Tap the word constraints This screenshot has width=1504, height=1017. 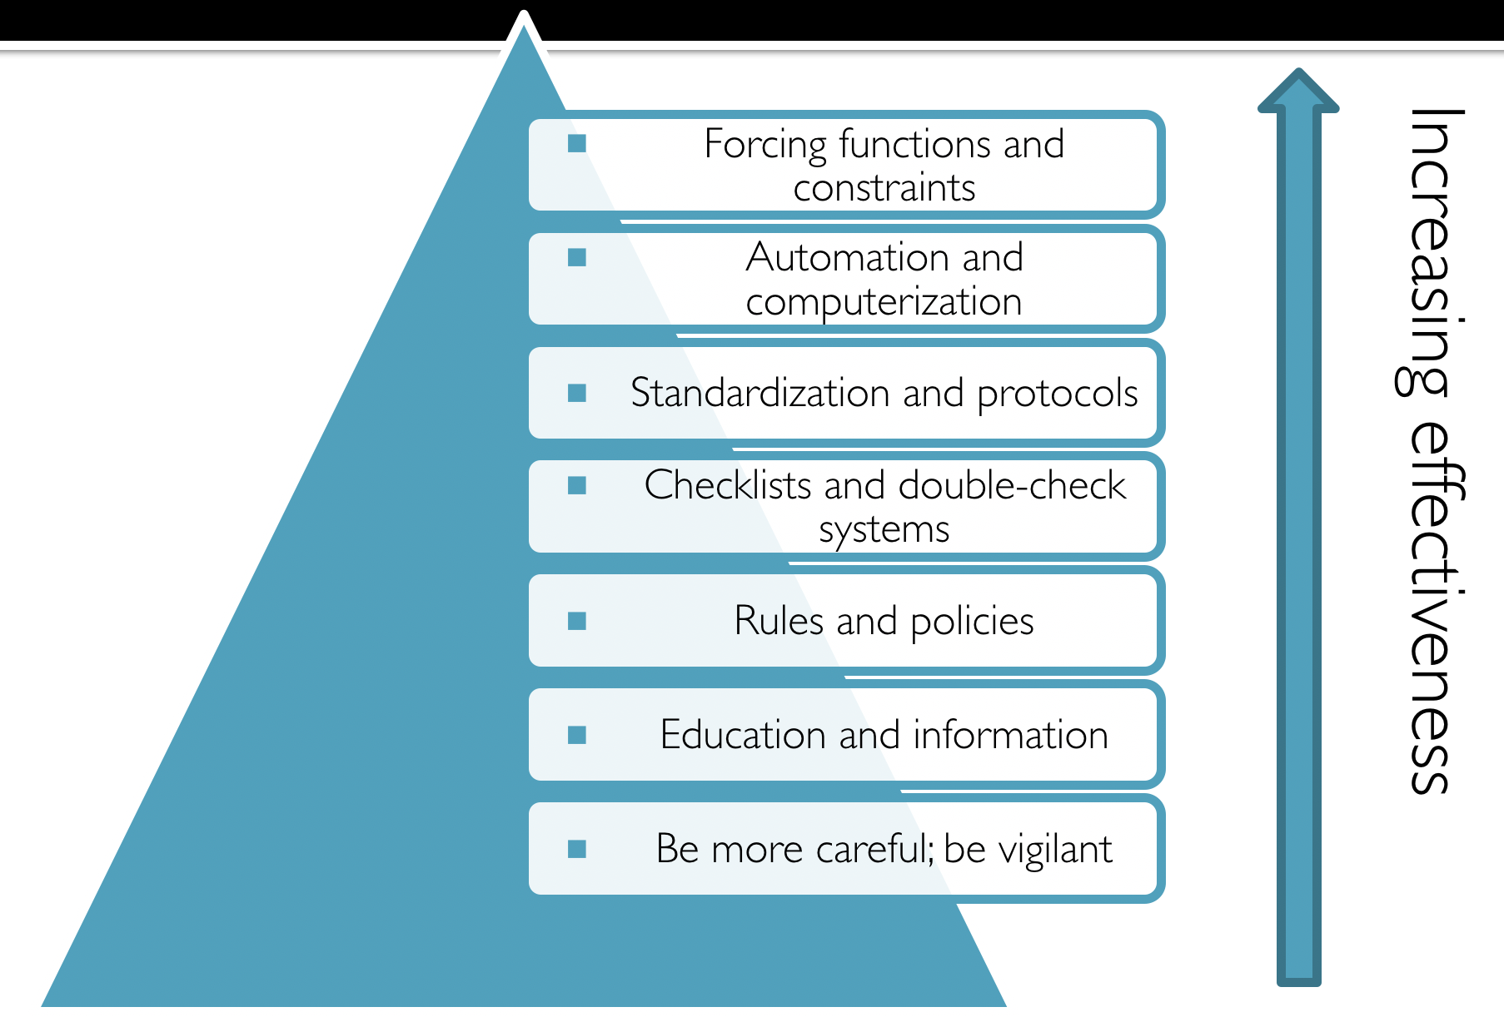pyautogui.click(x=884, y=188)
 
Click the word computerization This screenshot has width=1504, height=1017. pyautogui.click(x=884, y=302)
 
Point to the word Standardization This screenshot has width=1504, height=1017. pyautogui.click(x=759, y=393)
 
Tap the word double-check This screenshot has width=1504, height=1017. pyautogui.click(x=1013, y=485)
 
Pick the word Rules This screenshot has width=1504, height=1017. pyautogui.click(x=778, y=621)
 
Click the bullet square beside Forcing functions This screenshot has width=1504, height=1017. pyautogui.click(x=577, y=144)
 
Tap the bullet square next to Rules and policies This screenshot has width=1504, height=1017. pyautogui.click(x=577, y=621)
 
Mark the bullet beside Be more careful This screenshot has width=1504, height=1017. pyautogui.click(x=577, y=849)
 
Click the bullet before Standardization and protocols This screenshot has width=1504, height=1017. pyautogui.click(x=577, y=393)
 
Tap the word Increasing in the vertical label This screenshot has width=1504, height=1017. pyautogui.click(x=1431, y=250)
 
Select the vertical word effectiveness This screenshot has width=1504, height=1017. pyautogui.click(x=1433, y=608)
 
